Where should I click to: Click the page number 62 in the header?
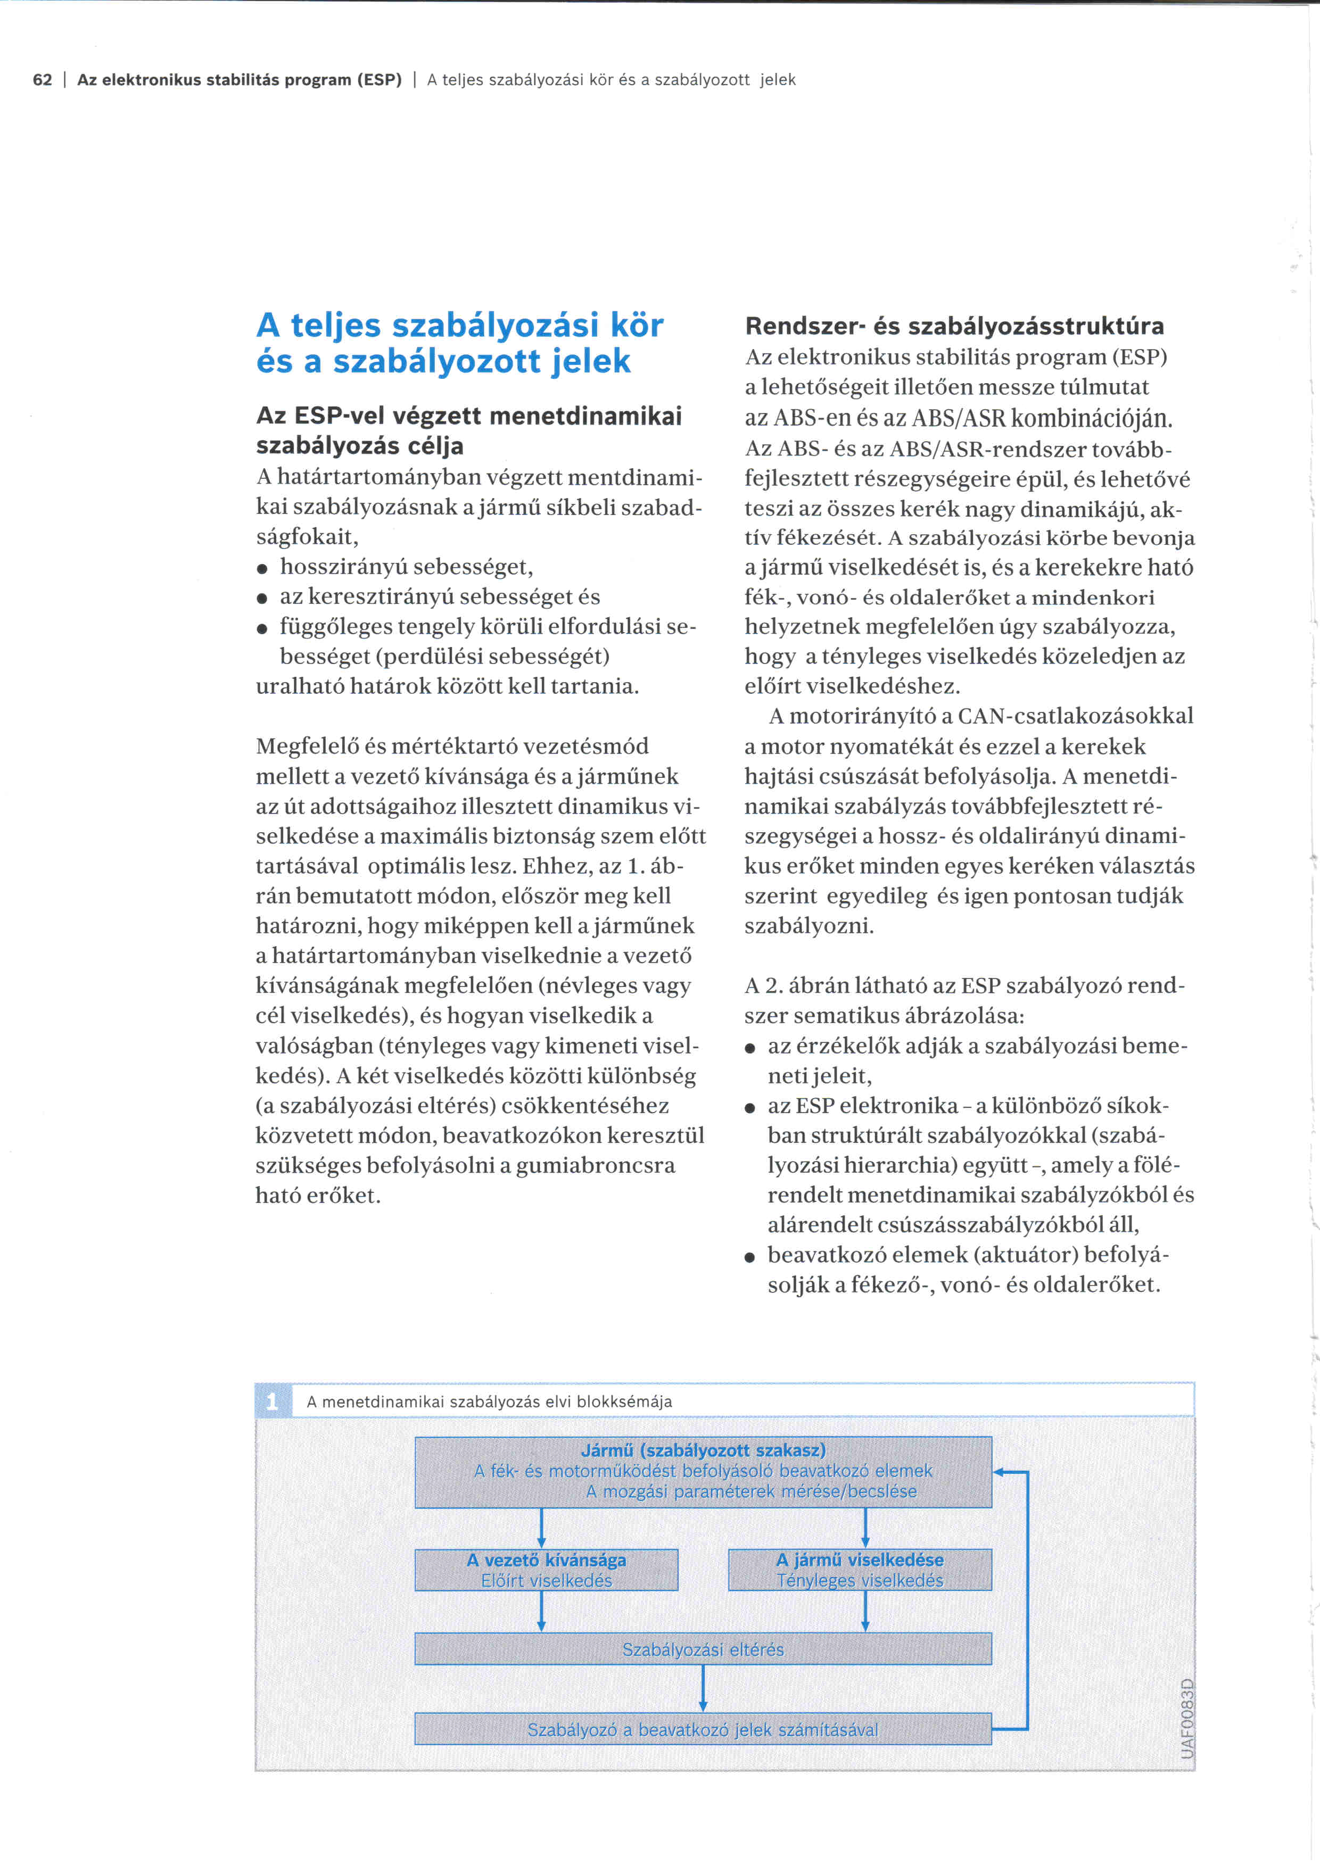point(42,80)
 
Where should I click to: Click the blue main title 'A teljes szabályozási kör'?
point(459,326)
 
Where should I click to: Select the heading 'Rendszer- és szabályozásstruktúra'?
point(954,327)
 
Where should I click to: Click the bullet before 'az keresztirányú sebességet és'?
point(262,598)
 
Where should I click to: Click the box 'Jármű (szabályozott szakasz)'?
point(703,1472)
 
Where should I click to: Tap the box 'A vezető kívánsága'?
point(546,1569)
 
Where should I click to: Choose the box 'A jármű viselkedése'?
point(860,1569)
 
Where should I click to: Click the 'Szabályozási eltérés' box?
point(703,1649)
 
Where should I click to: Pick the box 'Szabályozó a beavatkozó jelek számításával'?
point(703,1729)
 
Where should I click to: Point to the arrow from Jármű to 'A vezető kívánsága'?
point(541,1528)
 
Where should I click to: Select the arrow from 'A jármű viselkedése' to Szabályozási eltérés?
point(865,1611)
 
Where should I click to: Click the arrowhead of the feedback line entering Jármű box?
point(1000,1472)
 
